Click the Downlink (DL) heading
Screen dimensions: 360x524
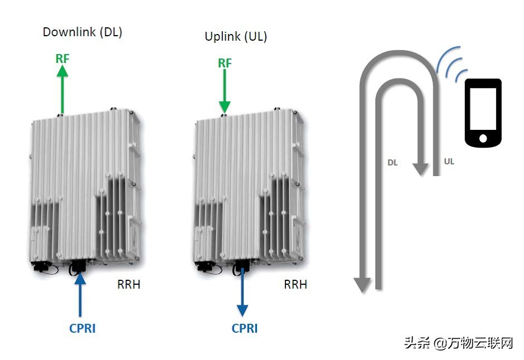[x=83, y=32]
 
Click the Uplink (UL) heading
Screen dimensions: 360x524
[x=236, y=37]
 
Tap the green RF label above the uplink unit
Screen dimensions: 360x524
[x=225, y=63]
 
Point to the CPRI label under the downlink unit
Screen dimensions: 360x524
[x=83, y=328]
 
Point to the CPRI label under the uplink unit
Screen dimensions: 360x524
[x=245, y=328]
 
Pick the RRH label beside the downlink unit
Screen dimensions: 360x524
[x=129, y=285]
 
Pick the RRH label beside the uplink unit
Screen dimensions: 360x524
[x=295, y=285]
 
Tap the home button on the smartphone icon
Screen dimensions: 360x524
[x=483, y=138]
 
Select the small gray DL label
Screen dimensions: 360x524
[x=392, y=163]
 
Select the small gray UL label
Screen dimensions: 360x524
[x=449, y=162]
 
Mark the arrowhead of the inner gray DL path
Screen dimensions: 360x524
[x=419, y=168]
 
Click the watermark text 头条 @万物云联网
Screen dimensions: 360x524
[x=458, y=342]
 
